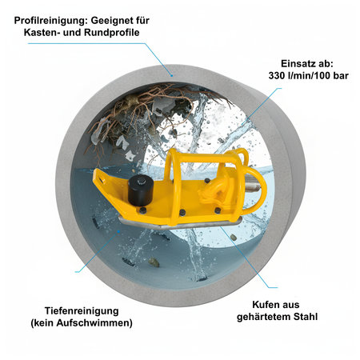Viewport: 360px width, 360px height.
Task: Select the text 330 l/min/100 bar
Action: click(308, 76)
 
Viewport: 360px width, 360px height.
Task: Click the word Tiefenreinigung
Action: click(82, 311)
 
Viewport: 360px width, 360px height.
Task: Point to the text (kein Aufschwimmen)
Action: click(82, 323)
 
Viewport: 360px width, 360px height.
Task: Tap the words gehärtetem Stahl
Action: click(277, 317)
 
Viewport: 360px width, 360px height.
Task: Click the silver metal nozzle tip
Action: click(253, 185)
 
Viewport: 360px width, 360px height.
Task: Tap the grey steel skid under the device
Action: click(178, 223)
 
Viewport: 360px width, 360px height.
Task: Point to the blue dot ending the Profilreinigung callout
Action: click(172, 75)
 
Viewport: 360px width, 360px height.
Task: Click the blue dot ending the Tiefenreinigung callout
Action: click(118, 232)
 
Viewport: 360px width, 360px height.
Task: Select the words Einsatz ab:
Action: click(307, 64)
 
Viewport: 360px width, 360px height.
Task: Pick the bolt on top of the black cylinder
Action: click(140, 182)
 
